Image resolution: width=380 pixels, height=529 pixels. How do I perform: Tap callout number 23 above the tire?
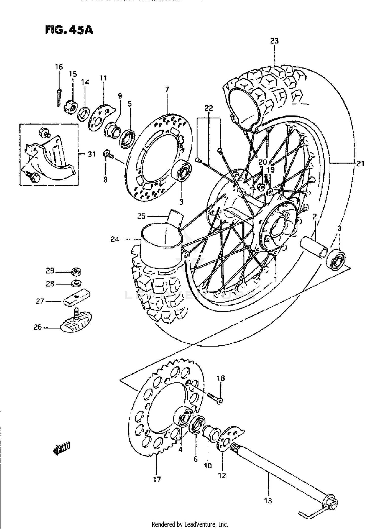pyautogui.click(x=274, y=41)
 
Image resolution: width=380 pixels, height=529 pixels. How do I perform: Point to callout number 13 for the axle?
pyautogui.click(x=268, y=501)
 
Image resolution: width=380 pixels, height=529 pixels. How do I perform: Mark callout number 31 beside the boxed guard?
pyautogui.click(x=91, y=154)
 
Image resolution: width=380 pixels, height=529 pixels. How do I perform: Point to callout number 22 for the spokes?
pyautogui.click(x=209, y=108)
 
